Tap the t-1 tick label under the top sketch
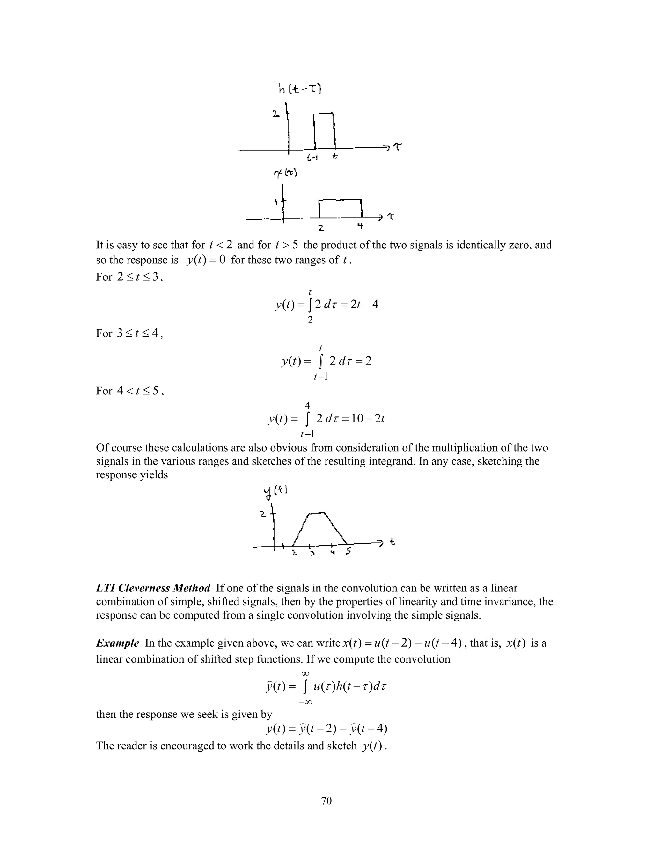click(312, 158)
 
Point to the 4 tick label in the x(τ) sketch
click(360, 226)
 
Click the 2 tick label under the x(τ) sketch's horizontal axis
click(321, 228)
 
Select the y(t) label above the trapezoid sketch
click(275, 492)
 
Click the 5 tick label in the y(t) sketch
click(349, 552)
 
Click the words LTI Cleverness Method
click(153, 588)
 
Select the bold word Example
click(117, 643)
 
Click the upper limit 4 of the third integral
click(308, 405)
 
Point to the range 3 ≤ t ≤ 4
click(138, 333)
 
